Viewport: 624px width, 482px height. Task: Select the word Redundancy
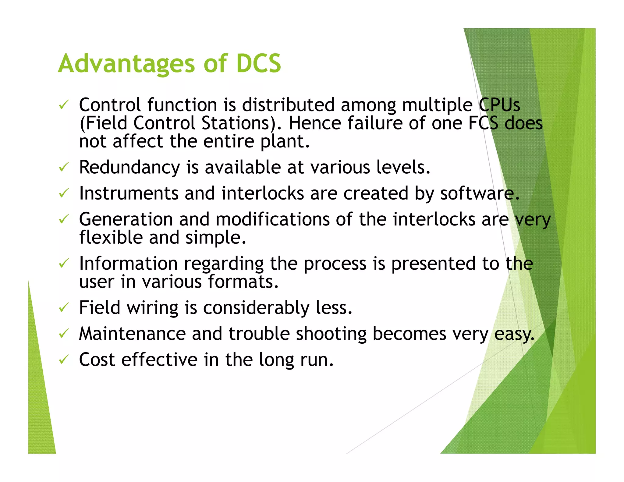click(x=129, y=168)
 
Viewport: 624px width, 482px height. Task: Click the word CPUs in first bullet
click(x=499, y=105)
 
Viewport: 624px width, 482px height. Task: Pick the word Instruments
click(x=129, y=193)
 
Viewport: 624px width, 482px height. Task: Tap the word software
click(x=479, y=193)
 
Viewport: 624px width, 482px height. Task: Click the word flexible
click(x=111, y=238)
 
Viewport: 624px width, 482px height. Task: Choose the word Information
click(x=128, y=264)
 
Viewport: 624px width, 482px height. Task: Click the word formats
click(x=243, y=282)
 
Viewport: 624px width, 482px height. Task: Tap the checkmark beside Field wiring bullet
click(x=64, y=307)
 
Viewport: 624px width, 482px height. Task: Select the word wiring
click(x=152, y=308)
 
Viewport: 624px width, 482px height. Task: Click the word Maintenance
click(x=132, y=334)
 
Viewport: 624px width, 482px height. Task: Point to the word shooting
click(x=331, y=334)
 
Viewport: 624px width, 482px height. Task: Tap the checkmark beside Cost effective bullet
click(x=64, y=360)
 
